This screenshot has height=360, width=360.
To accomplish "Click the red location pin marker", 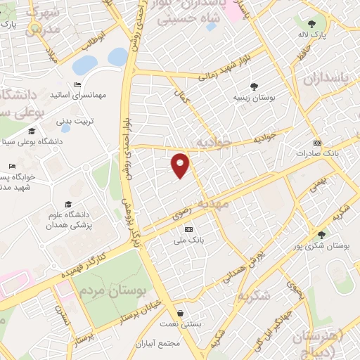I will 181,165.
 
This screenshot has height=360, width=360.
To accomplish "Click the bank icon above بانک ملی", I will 188,230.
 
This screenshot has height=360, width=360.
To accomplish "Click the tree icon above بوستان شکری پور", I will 321,235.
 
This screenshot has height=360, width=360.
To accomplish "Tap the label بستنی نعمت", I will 182,324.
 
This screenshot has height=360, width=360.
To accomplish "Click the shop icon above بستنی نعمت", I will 182,313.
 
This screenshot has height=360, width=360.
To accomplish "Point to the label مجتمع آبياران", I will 181,344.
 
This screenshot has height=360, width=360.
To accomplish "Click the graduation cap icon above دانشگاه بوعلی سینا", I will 31,131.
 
